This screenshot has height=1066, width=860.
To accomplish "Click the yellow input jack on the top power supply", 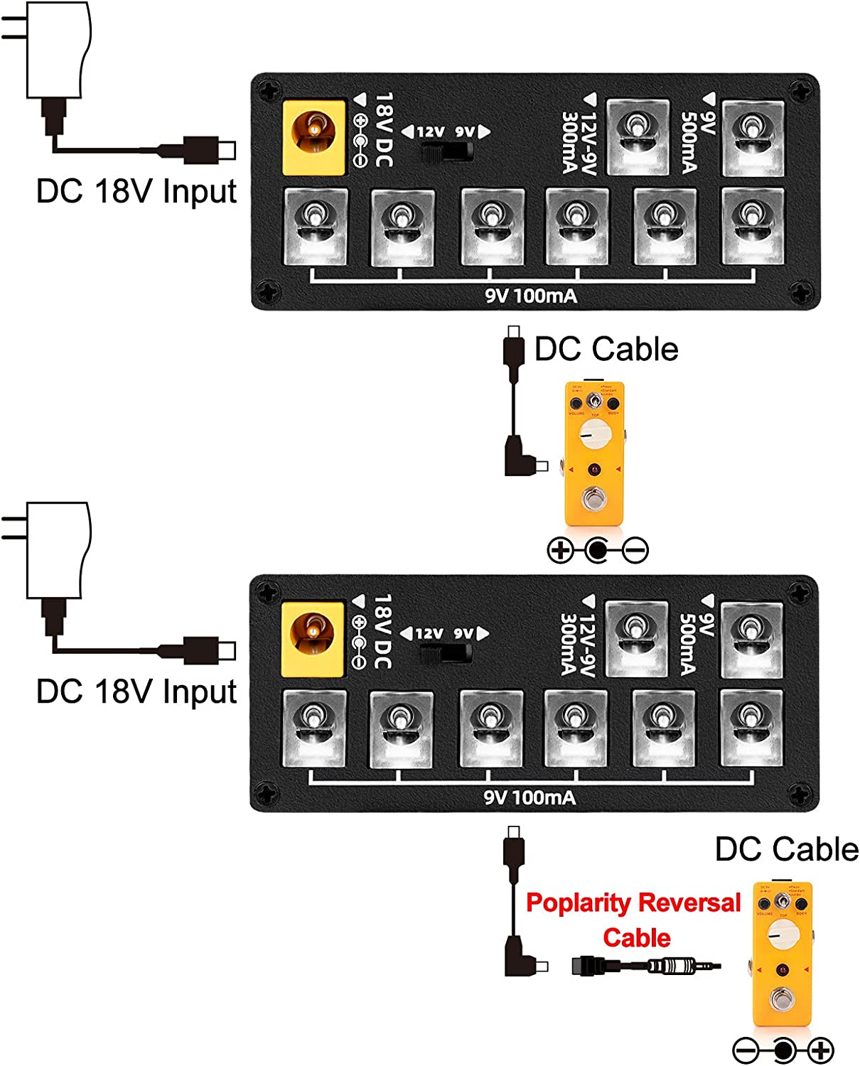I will tap(313, 137).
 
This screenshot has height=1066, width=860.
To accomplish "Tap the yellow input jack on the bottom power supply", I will tap(313, 639).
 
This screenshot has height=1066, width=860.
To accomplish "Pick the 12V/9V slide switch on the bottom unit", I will tap(446, 653).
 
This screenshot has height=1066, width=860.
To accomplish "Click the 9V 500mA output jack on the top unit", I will tap(753, 138).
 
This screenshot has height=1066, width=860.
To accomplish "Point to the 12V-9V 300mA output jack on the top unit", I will tap(638, 137).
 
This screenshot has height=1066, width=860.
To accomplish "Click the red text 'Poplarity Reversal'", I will tap(633, 903).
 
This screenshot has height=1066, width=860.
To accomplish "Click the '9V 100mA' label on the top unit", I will tap(531, 296).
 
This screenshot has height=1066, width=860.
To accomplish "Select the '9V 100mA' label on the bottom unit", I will tap(530, 797).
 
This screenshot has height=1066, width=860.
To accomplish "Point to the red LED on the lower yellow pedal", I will tap(783, 970).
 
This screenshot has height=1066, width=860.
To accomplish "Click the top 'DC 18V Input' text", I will tap(136, 192).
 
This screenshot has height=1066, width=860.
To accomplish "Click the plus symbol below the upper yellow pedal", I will tap(561, 549).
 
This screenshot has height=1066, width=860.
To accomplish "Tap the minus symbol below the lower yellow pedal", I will tap(746, 1050).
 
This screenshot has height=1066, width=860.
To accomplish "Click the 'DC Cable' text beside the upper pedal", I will tap(606, 350).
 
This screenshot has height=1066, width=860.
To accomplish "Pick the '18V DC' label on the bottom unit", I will tap(382, 632).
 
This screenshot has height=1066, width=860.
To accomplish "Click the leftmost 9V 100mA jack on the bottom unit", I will tap(314, 728).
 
